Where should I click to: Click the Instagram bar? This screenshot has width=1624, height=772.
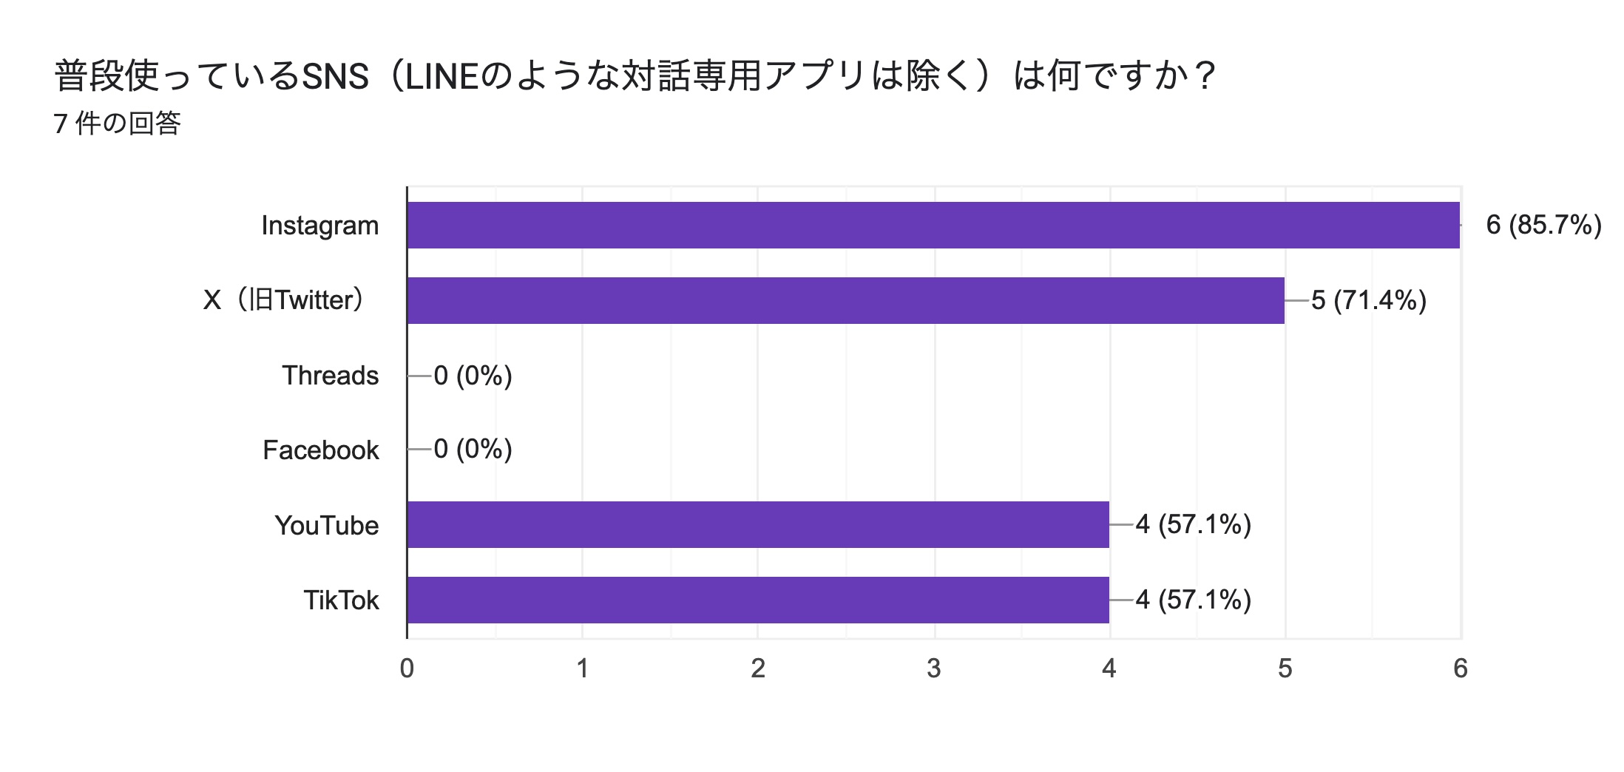933,225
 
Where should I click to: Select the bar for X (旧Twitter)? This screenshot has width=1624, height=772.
845,300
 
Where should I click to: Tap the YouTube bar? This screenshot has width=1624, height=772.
758,524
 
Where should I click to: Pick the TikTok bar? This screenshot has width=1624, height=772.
758,600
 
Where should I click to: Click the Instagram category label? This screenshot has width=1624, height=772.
320,226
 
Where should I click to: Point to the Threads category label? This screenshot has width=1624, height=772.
330,376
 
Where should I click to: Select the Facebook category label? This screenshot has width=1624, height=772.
321,450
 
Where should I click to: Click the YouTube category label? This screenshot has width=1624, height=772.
327,526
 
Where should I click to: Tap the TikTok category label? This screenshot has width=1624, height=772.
341,600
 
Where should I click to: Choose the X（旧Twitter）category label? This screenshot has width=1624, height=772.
284,300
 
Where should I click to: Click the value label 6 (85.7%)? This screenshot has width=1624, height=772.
1543,225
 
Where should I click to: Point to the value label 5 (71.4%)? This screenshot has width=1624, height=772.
1369,300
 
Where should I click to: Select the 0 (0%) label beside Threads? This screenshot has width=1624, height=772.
473,376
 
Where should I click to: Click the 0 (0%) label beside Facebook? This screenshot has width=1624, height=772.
473,449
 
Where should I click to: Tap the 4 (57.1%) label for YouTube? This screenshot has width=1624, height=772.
1193,524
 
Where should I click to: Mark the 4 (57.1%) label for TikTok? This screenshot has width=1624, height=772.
1193,600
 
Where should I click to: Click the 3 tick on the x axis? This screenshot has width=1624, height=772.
934,668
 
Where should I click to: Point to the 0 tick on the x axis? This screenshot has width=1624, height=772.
407,668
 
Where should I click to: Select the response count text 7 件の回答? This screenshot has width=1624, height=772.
118,123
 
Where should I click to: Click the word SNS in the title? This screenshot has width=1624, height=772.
336,76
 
